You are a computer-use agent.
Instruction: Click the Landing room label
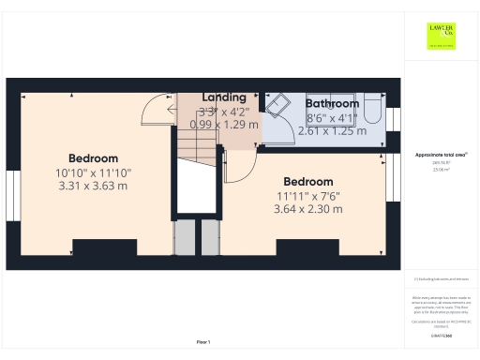[223, 97]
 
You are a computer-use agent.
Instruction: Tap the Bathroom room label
[332, 103]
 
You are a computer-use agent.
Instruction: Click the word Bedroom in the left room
[93, 157]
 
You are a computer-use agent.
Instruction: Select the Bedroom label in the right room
[307, 181]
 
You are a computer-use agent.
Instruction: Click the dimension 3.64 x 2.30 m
[307, 208]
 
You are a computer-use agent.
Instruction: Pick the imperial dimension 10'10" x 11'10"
[93, 172]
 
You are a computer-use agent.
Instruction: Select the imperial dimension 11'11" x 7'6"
[307, 195]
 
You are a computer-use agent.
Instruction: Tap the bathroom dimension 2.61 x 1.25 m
[332, 131]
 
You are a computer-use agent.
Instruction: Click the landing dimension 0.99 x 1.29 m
[223, 124]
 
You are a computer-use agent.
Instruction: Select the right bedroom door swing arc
[240, 167]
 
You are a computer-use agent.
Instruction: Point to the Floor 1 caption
[202, 341]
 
